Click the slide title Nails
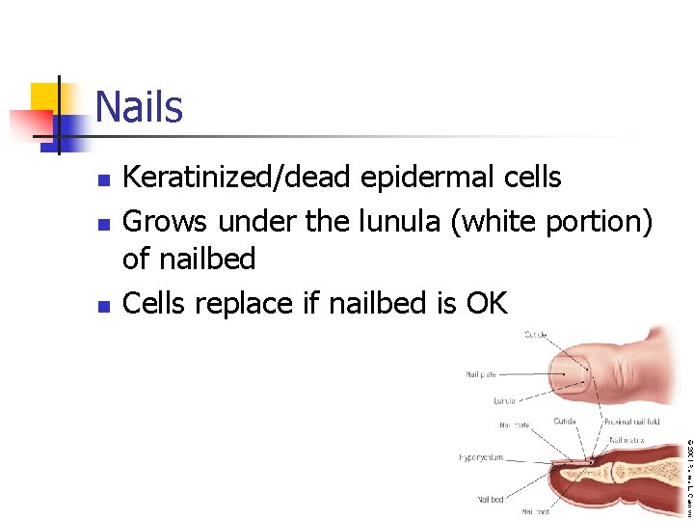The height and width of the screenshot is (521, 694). click(x=139, y=106)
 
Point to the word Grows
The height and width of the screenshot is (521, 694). click(x=167, y=221)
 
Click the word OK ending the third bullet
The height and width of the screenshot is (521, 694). click(x=485, y=303)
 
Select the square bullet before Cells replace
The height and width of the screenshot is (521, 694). click(x=105, y=306)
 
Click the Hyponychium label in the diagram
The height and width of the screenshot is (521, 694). click(x=481, y=457)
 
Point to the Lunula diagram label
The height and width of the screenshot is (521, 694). click(x=503, y=399)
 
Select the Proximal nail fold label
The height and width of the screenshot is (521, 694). click(x=631, y=422)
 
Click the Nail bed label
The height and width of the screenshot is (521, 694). click(x=490, y=499)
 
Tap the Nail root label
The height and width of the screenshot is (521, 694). click(x=537, y=512)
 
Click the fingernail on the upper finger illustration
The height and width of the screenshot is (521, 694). click(x=573, y=370)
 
